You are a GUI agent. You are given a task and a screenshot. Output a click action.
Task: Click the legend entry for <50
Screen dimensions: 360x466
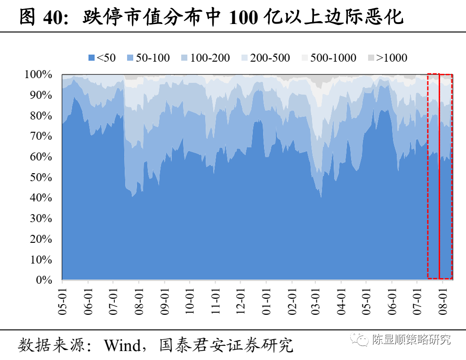pos(102,58)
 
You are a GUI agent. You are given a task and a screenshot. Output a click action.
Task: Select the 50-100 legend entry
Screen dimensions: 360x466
pos(148,58)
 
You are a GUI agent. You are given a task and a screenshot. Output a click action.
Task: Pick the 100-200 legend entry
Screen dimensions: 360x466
pos(205,58)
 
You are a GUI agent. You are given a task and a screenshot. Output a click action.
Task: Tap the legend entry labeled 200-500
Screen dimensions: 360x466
pos(265,58)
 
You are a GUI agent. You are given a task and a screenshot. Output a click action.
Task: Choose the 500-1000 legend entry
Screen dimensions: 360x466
pos(329,58)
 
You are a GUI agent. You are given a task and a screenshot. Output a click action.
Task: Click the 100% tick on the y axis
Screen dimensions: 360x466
pos(38,74)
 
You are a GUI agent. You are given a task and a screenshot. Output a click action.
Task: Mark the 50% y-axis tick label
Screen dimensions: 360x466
pos(41,177)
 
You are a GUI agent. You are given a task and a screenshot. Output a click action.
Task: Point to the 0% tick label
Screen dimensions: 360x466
pos(44,280)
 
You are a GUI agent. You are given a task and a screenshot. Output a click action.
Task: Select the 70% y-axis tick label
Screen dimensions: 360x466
pos(41,136)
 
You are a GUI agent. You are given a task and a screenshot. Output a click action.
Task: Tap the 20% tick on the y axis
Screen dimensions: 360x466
pos(41,239)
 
